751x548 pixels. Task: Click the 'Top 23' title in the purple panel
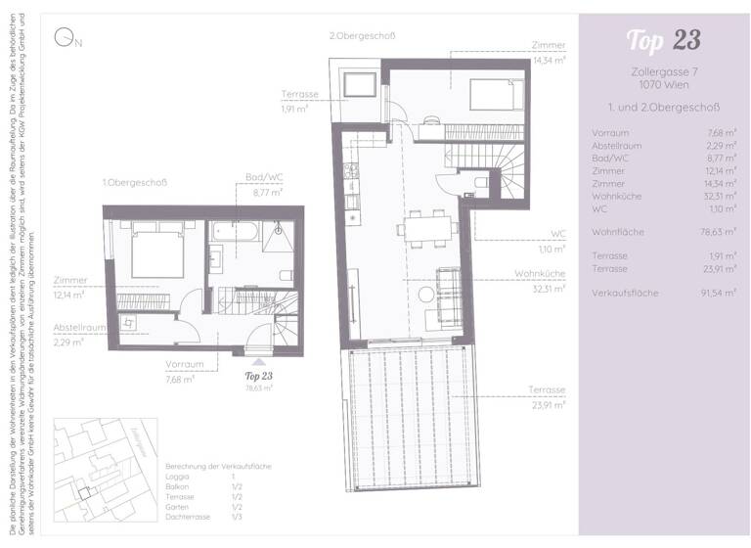pos(664,41)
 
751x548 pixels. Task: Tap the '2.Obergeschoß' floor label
pos(362,36)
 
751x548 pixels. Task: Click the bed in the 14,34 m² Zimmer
pos(499,95)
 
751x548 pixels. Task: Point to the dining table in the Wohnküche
pos(424,228)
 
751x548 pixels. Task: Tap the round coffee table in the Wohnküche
pos(426,294)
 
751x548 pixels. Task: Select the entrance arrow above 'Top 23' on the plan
pos(258,361)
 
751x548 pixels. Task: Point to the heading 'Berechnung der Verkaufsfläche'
pos(218,467)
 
